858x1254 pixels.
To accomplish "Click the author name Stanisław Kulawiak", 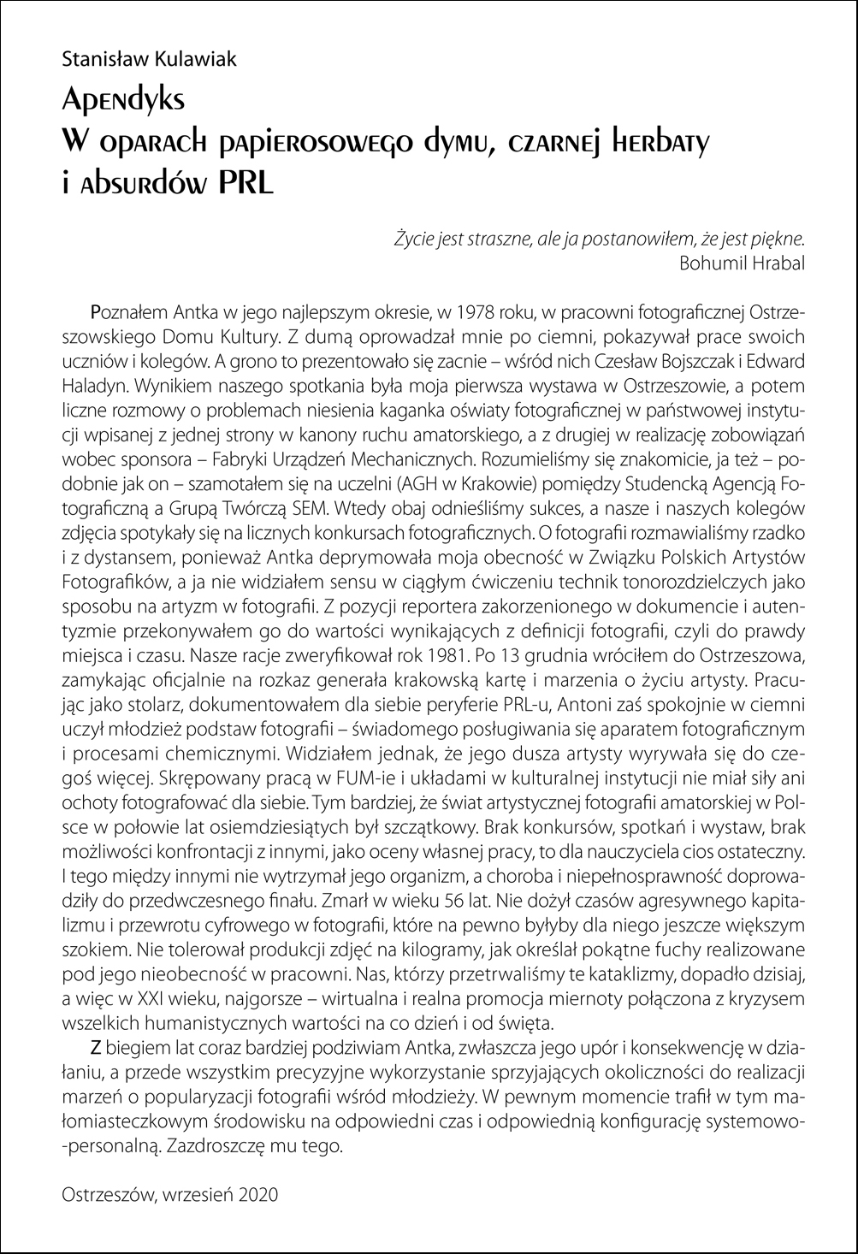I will click(149, 59).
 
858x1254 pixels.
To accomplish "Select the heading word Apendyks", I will click(123, 100).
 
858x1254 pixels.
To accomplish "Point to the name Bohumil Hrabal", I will click(742, 262).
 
